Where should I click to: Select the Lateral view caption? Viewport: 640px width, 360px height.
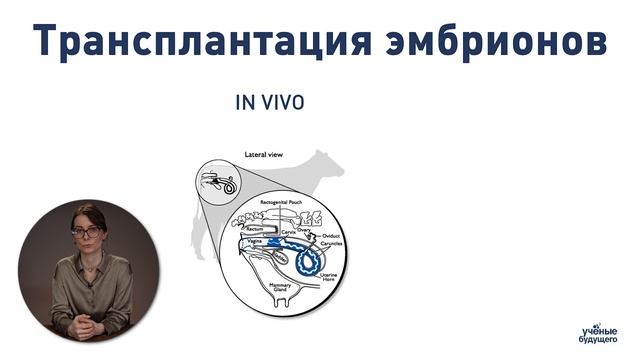pos(267,155)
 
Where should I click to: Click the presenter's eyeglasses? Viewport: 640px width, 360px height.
pos(86,232)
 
